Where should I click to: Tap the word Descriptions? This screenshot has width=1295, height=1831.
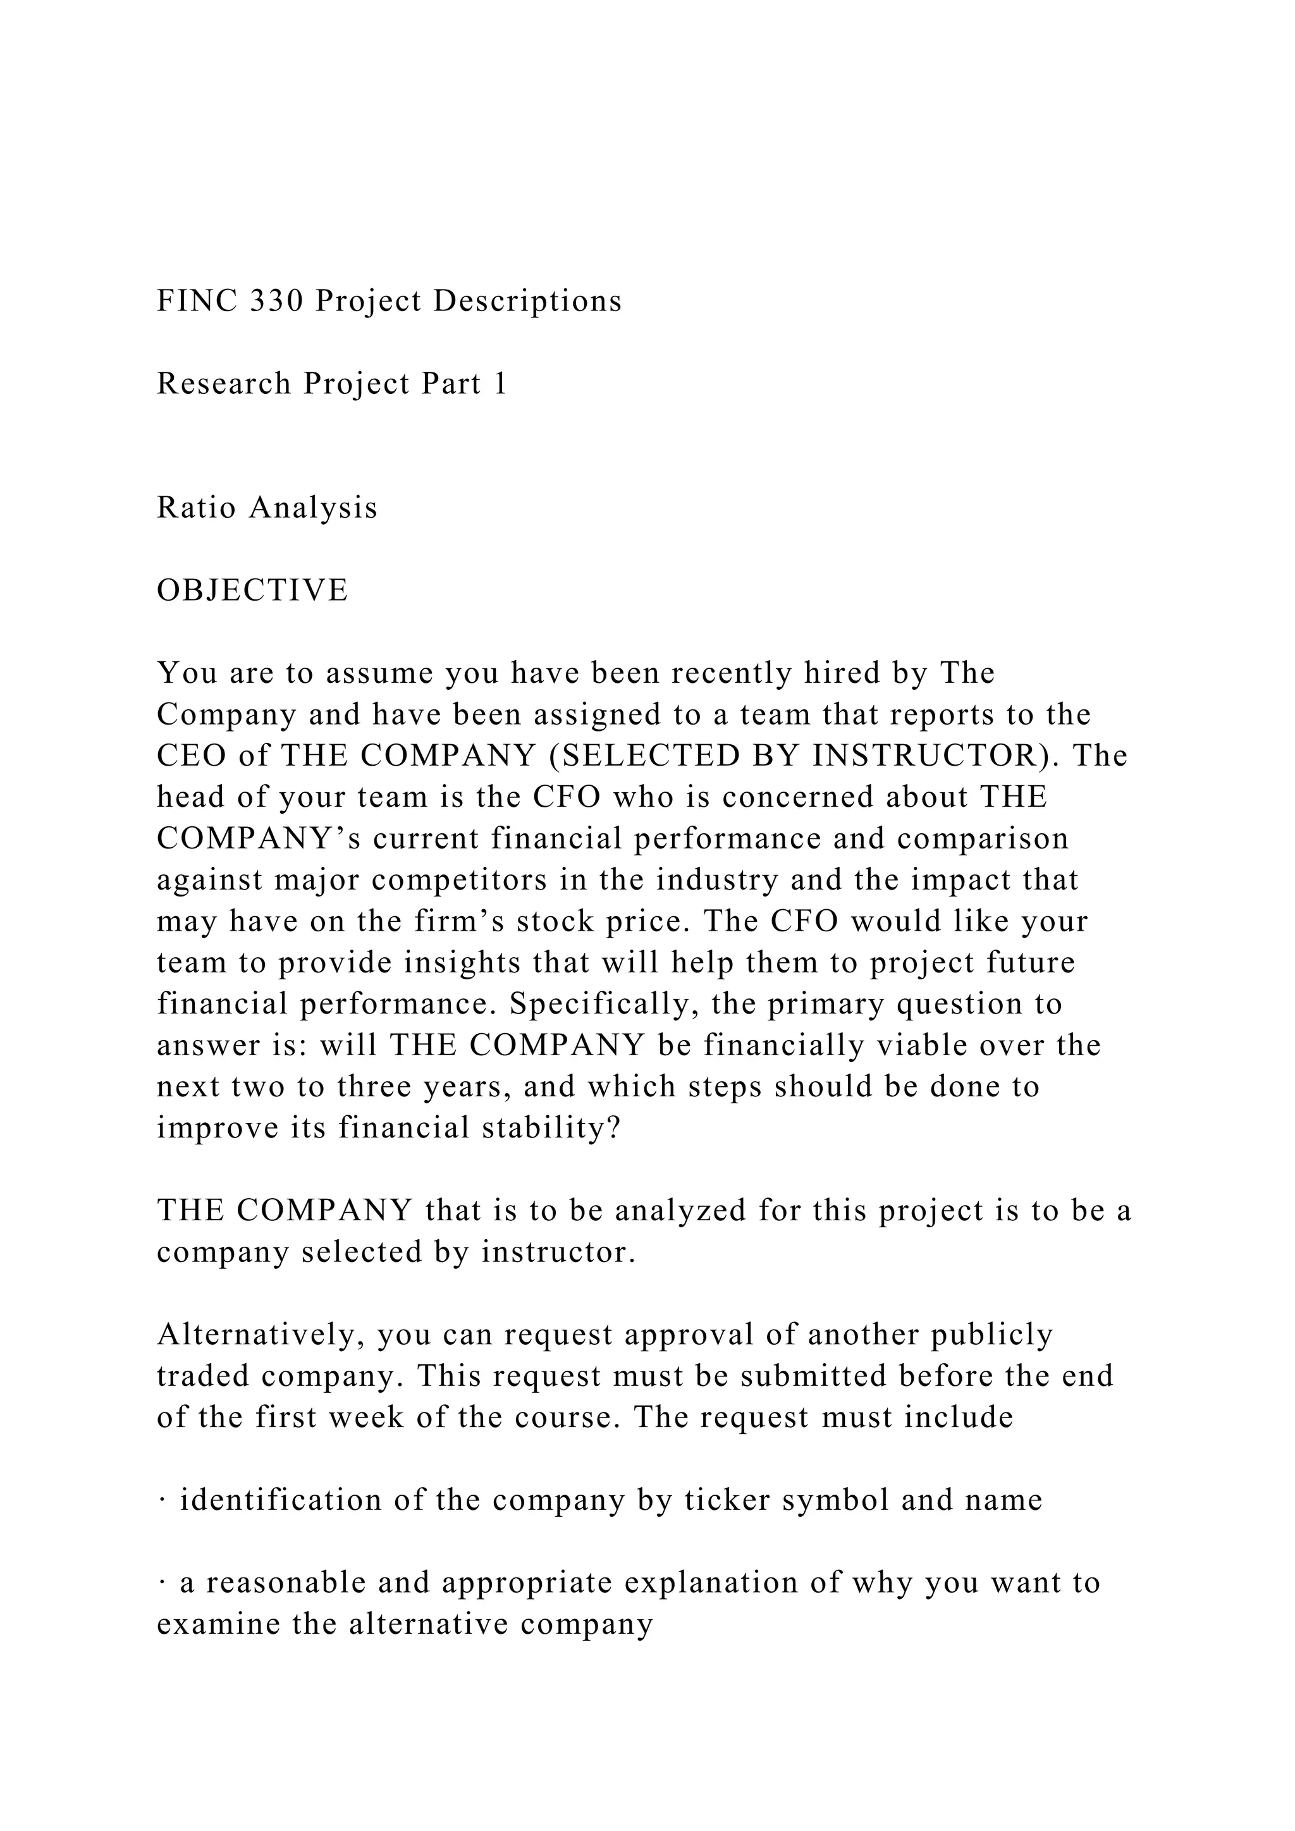527,302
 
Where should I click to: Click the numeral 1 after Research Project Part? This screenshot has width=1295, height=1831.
500,384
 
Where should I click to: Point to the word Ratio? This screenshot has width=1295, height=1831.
195,508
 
